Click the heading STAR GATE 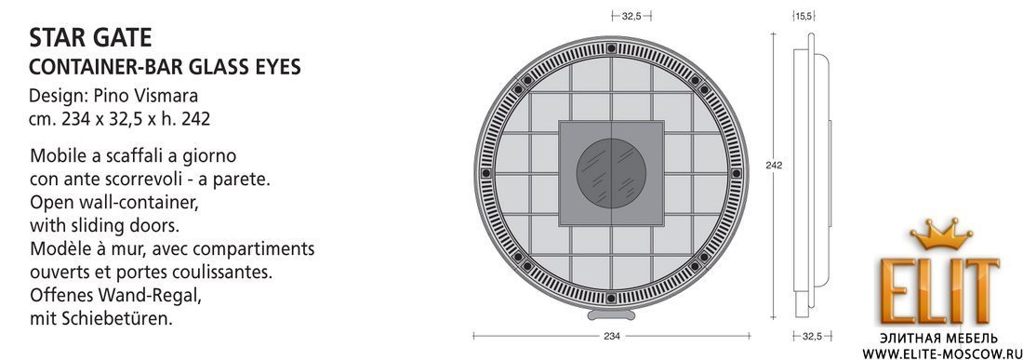tap(90, 38)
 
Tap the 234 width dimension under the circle tap(611, 336)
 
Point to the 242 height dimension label tap(774, 166)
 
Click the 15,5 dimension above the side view tap(804, 16)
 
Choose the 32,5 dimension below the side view tap(812, 336)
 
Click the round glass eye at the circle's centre tap(611, 173)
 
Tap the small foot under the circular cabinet tap(611, 315)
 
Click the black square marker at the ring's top tap(611, 47)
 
